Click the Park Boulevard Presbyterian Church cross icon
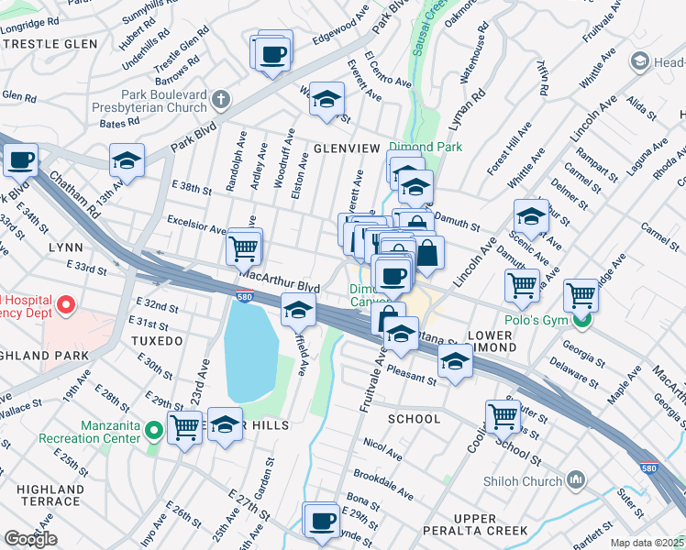point(220,98)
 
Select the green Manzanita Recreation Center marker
point(155,428)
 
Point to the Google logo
point(30,539)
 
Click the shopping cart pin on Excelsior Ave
point(243,247)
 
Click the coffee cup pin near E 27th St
point(321,520)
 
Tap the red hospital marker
point(65,302)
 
